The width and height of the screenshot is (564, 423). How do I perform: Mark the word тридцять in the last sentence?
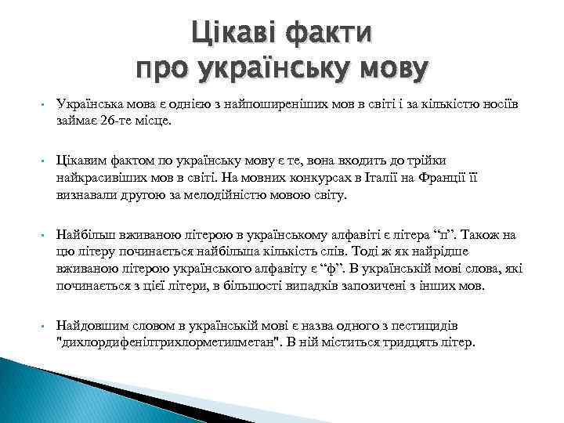point(414,342)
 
